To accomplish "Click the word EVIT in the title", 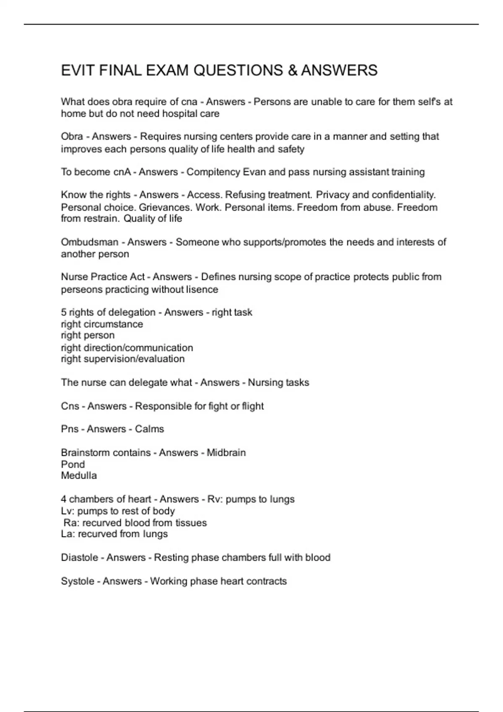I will (x=78, y=70).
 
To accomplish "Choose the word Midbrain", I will (x=226, y=453).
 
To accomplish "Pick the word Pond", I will (x=73, y=464).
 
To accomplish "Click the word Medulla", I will (x=79, y=476).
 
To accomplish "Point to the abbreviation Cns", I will (x=70, y=406).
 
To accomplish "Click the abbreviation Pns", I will (x=70, y=429).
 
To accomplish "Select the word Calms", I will (x=149, y=429).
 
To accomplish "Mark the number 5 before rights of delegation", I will (x=64, y=312).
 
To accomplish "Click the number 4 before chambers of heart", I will (x=64, y=499).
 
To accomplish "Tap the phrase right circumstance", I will (x=102, y=324).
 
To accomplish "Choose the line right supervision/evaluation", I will (x=123, y=359).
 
